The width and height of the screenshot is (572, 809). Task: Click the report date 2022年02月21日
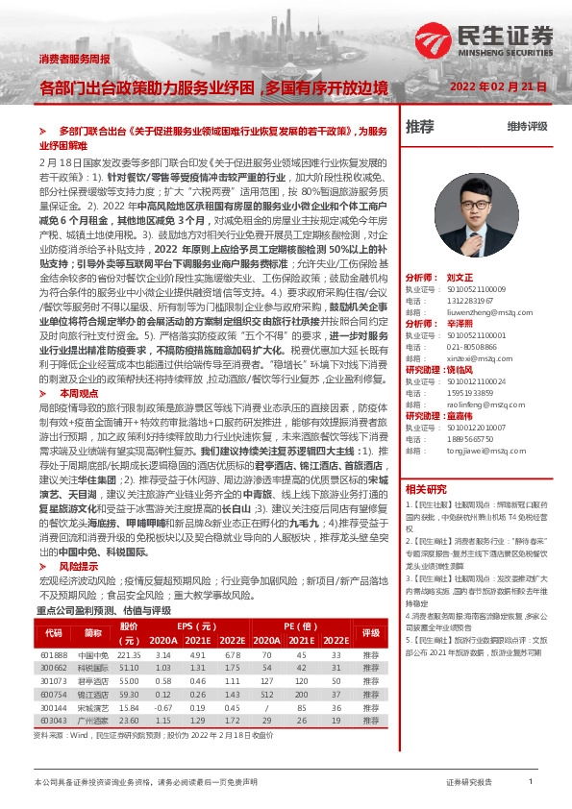point(498,87)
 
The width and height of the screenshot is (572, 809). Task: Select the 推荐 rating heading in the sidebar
point(420,126)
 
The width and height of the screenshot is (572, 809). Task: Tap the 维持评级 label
point(527,127)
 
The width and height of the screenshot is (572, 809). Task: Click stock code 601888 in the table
point(53,653)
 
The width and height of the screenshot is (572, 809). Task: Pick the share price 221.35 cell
point(129,653)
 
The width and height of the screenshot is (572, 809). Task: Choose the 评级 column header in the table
point(371,633)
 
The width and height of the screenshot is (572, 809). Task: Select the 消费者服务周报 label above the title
point(74,60)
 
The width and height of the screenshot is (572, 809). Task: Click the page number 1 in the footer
point(531,783)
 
